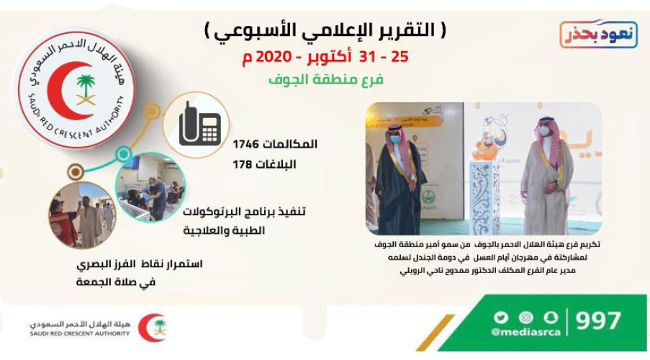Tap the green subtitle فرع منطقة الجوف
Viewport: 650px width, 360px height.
coord(328,80)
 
